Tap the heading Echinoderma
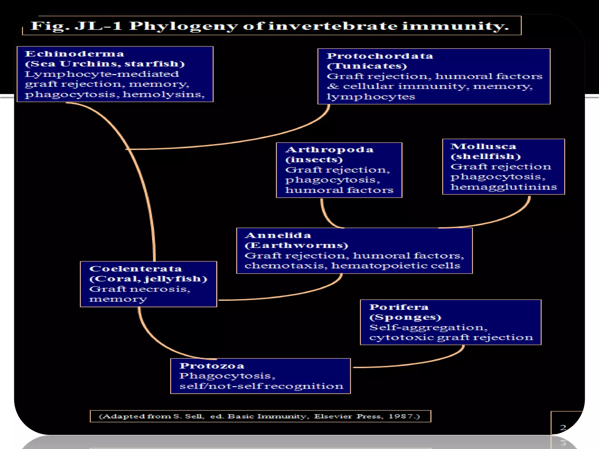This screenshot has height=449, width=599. coord(74,54)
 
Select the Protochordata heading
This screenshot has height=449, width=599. coord(380,56)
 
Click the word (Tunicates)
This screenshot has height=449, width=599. coord(367,66)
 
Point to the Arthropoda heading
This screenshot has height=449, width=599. coord(330,150)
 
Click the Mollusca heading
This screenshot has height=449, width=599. coord(483,146)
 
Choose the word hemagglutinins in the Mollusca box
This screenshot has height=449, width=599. coord(504,187)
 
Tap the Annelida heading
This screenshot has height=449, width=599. coord(278,235)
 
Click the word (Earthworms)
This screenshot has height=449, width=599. coord(296,245)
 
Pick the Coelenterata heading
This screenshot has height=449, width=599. coord(135,269)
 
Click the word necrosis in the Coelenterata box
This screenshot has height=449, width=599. coord(160,289)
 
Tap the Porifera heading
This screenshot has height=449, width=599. coord(399,307)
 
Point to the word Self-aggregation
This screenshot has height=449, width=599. coord(428,327)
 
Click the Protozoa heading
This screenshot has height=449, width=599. coord(212,366)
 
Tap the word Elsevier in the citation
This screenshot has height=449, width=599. coord(333,416)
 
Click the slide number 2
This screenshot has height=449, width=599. coord(563,428)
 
